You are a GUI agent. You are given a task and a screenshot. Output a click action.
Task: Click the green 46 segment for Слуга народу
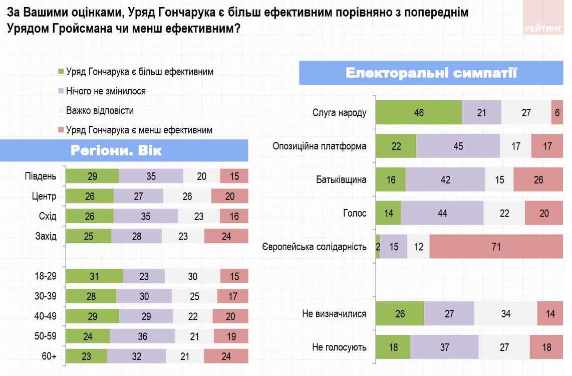coord(419,112)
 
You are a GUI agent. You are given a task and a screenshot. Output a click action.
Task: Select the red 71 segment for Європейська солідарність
coord(496,247)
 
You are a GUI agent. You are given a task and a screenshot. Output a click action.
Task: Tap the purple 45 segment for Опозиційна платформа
coord(458,146)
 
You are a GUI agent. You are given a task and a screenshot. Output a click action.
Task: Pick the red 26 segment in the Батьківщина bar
coord(538,179)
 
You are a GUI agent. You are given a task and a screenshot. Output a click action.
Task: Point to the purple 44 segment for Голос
coord(442,213)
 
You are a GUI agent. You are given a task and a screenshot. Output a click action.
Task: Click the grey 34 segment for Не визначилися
coord(505,314)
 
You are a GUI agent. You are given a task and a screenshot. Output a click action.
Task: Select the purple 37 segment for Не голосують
coord(444,347)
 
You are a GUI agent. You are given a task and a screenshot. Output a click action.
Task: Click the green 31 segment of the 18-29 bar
coord(94,276)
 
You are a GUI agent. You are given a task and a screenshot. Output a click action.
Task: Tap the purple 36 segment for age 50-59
coord(142,336)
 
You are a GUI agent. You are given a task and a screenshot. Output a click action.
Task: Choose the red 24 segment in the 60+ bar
coord(226,356)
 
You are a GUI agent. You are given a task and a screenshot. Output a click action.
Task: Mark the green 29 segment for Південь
coord(93,176)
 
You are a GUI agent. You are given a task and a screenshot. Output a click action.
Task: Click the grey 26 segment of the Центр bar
coord(187,196)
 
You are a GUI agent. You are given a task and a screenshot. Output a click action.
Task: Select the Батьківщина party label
coord(341,179)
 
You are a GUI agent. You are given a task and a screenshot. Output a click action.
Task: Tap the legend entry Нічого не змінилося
coord(106,91)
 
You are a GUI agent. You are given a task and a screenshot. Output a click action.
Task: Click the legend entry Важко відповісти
coord(100,110)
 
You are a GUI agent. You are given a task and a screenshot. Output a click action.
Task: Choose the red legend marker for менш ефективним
coord(61,130)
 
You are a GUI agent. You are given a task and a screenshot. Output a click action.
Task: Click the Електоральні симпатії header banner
coord(431,73)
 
